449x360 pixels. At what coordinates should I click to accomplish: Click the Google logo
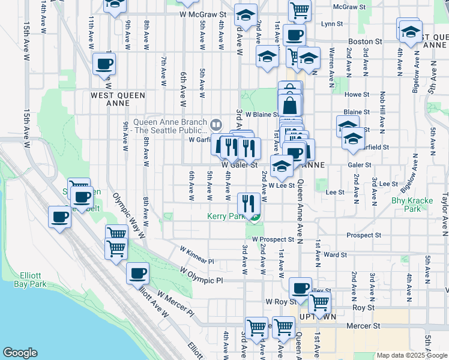click(x=20, y=353)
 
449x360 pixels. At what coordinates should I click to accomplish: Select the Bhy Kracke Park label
click(x=406, y=205)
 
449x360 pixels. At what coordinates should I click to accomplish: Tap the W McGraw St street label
click(x=202, y=13)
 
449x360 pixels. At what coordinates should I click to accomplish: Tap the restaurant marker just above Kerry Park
click(x=248, y=203)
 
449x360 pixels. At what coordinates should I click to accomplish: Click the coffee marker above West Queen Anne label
click(x=104, y=64)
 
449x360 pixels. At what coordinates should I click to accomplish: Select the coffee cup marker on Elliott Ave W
click(x=138, y=274)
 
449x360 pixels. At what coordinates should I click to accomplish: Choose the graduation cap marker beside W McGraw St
click(x=245, y=14)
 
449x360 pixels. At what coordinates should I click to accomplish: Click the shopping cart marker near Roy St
click(x=319, y=304)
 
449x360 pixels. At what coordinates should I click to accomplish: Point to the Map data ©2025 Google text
click(x=411, y=355)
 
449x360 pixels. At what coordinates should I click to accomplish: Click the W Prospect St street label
click(x=273, y=239)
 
